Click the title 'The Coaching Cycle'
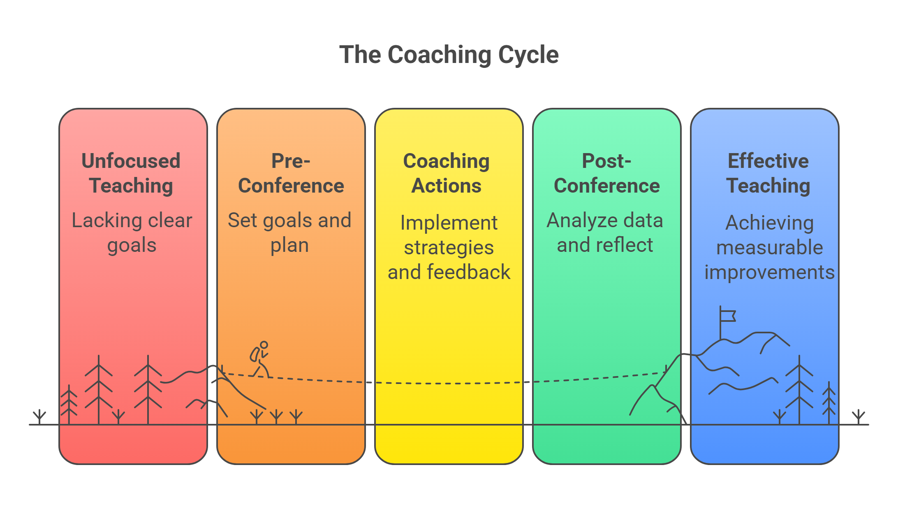[x=449, y=55]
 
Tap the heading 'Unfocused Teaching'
[x=131, y=173]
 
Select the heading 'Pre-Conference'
[x=291, y=173]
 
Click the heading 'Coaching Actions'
[x=447, y=173]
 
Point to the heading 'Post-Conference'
[x=606, y=173]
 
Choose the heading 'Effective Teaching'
[x=768, y=173]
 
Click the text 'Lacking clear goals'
[x=132, y=233]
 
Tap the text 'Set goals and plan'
[x=289, y=233]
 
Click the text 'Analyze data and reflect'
[x=605, y=233]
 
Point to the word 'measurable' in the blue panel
[x=770, y=248]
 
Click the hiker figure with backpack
[x=260, y=359]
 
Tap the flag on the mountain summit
[x=728, y=316]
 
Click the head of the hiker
[x=264, y=345]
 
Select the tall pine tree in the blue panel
[x=799, y=389]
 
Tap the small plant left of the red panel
[x=39, y=416]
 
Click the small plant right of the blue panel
[x=859, y=416]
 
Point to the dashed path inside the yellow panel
[x=448, y=384]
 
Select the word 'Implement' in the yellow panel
[x=449, y=223]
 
